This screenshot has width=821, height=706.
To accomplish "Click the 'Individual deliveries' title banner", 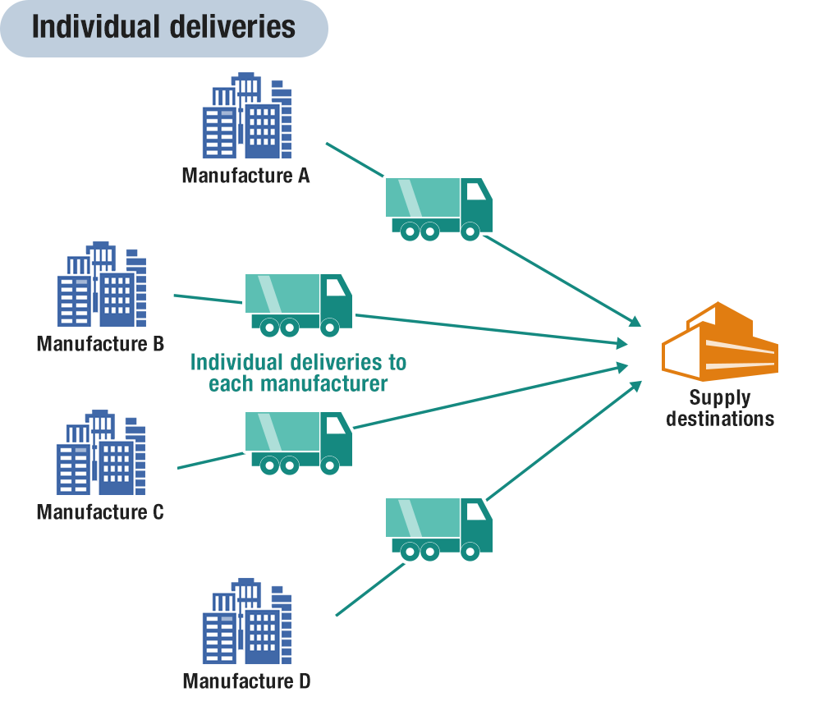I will (x=163, y=28).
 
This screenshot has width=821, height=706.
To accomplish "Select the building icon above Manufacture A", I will (x=246, y=116).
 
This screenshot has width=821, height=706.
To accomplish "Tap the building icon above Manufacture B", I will (x=102, y=284).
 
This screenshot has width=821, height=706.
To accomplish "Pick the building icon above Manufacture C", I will (x=102, y=452).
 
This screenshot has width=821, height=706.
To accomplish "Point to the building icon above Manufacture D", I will (x=246, y=621).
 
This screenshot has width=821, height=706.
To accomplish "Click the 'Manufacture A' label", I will (x=245, y=175).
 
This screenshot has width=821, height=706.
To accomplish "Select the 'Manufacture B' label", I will (x=100, y=343).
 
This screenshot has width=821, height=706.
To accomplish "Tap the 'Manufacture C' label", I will (x=100, y=512).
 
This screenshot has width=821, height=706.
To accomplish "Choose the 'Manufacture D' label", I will (x=246, y=681).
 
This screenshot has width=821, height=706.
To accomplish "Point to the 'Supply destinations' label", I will (x=720, y=408).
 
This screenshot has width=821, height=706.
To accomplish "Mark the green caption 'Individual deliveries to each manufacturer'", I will (x=297, y=373).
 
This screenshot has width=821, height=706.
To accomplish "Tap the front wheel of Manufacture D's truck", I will (x=470, y=553).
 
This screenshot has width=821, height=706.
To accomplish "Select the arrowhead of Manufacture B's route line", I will (x=622, y=343).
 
